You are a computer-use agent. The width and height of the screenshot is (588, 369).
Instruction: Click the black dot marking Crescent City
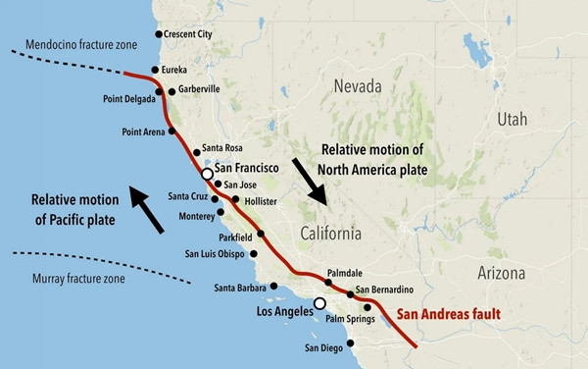[x=160, y=34]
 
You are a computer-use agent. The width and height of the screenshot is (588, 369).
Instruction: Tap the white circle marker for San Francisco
[x=207, y=174]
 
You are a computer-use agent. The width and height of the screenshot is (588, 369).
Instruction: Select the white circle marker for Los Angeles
[x=319, y=303]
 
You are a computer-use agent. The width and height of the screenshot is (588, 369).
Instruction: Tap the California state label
[x=329, y=234]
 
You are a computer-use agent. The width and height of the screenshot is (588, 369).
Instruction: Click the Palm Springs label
[x=351, y=318]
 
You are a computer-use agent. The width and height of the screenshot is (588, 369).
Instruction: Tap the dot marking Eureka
[x=155, y=71]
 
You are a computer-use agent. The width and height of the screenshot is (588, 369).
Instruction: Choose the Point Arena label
[x=143, y=131]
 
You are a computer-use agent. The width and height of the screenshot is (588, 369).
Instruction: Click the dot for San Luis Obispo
[x=254, y=254]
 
